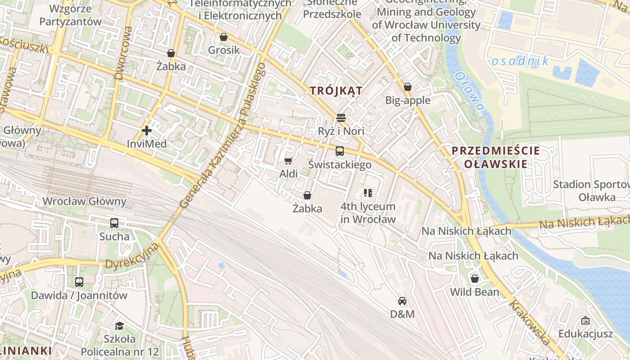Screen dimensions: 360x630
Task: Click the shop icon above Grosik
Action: point(223,37)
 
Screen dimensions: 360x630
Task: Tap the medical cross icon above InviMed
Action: point(147,130)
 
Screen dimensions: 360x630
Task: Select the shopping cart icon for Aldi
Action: point(288,161)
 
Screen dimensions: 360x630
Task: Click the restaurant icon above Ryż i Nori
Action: point(341,118)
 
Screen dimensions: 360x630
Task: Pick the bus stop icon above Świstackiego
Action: point(340,151)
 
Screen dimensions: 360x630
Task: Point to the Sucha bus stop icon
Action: point(114,223)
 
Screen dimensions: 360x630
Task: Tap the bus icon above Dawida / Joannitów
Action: point(79,282)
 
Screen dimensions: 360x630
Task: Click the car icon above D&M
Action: point(402,301)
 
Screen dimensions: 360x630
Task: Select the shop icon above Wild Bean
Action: point(474,279)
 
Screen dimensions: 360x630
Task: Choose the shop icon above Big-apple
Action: point(408,87)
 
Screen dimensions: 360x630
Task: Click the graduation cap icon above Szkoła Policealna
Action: point(119,325)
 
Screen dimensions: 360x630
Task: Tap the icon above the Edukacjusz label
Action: point(585,320)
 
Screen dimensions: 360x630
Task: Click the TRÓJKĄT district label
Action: point(336,91)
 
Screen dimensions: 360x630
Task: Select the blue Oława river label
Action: point(469,92)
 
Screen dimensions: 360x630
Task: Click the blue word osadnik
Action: point(520,61)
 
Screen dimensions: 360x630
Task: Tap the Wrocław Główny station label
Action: point(84,201)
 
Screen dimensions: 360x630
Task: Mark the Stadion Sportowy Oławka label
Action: point(591,190)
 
